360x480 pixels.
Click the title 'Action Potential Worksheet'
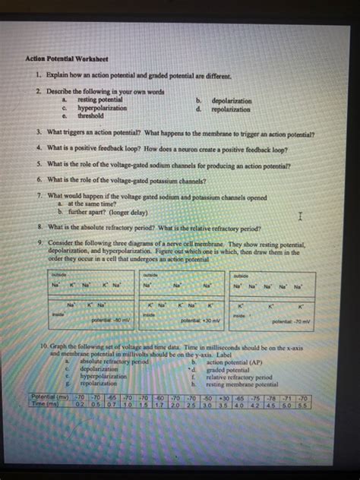click(x=67, y=58)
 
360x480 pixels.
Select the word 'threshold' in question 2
click(x=90, y=116)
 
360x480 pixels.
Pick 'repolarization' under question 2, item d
click(x=231, y=109)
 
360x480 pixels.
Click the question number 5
click(x=39, y=164)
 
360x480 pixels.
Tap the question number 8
click(x=39, y=227)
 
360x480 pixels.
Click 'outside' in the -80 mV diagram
click(x=58, y=275)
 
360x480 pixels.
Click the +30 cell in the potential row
click(x=225, y=396)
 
